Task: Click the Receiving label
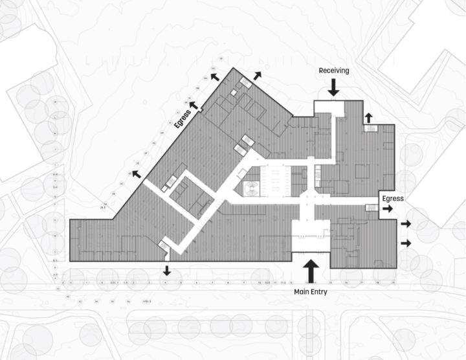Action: [x=333, y=71]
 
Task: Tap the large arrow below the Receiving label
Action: [x=333, y=87]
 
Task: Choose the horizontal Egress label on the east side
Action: [x=392, y=199]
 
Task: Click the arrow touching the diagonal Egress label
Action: [x=194, y=104]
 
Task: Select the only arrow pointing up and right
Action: [x=257, y=76]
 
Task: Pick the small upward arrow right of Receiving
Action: [x=368, y=117]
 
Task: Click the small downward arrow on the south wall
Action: [x=166, y=270]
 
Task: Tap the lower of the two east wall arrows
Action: [x=406, y=243]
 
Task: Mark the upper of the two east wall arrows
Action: [x=406, y=224]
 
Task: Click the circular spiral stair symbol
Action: [x=249, y=188]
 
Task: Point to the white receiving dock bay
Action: [x=329, y=107]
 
